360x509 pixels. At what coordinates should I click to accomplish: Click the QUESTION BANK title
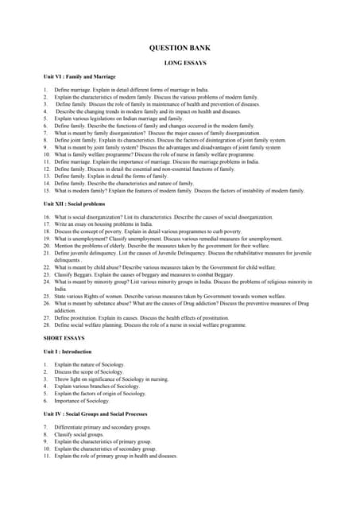180,48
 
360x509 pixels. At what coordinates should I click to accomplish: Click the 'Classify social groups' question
79,435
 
